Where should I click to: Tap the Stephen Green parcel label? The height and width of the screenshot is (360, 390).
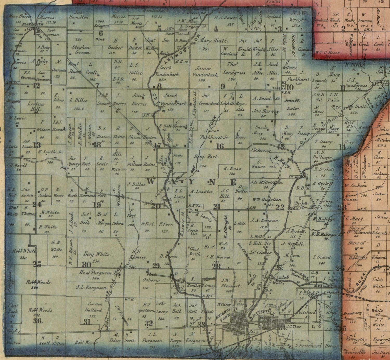(x=81, y=50)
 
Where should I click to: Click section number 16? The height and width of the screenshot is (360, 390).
(x=220, y=146)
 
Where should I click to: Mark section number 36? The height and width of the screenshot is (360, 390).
(x=38, y=321)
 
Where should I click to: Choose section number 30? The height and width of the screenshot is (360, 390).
(x=86, y=264)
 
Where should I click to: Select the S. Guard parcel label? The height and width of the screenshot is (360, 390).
(x=322, y=257)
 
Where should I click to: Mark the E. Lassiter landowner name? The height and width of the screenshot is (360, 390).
(x=202, y=192)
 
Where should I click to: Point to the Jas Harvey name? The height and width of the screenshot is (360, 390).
(x=266, y=111)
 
